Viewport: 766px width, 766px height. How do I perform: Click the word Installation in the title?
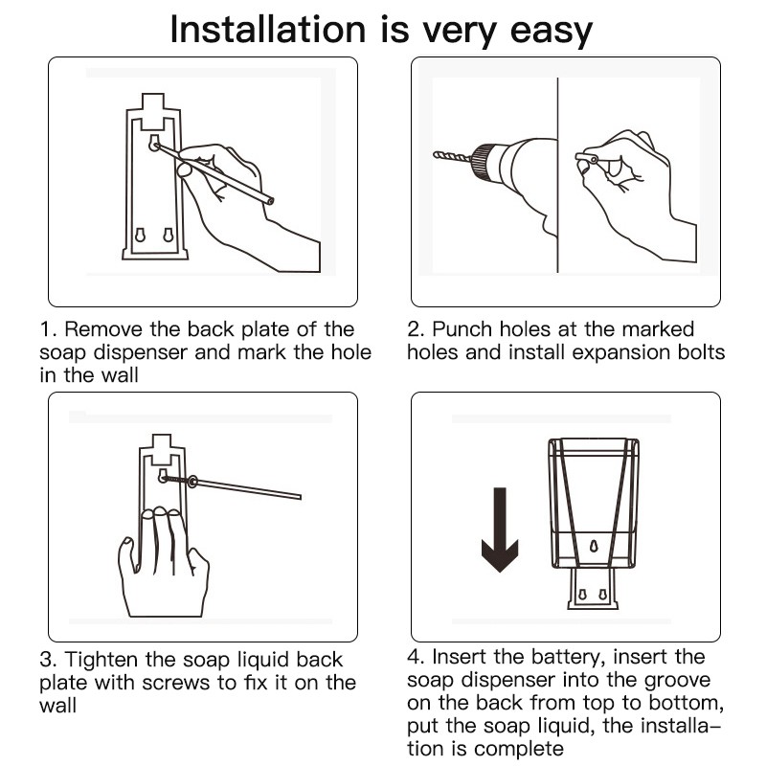(268, 30)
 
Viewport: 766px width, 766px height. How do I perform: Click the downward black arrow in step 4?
(500, 529)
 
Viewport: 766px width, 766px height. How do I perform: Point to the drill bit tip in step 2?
(436, 155)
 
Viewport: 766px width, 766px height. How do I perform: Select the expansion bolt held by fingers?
(586, 158)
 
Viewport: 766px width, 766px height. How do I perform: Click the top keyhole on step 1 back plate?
(154, 143)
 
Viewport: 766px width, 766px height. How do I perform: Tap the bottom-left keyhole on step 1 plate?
(140, 236)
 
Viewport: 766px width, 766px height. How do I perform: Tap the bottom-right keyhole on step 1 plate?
(169, 236)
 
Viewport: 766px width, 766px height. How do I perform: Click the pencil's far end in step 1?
(271, 200)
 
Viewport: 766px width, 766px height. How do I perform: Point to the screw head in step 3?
(164, 477)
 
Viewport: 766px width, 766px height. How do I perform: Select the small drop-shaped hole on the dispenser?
(594, 545)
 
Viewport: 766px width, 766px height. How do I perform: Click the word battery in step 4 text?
(568, 658)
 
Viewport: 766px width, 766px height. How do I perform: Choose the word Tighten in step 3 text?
(101, 661)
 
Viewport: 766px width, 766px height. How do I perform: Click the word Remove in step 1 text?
(103, 329)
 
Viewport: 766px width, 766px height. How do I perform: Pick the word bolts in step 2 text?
(701, 352)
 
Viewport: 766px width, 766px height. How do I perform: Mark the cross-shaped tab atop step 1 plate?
(153, 111)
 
